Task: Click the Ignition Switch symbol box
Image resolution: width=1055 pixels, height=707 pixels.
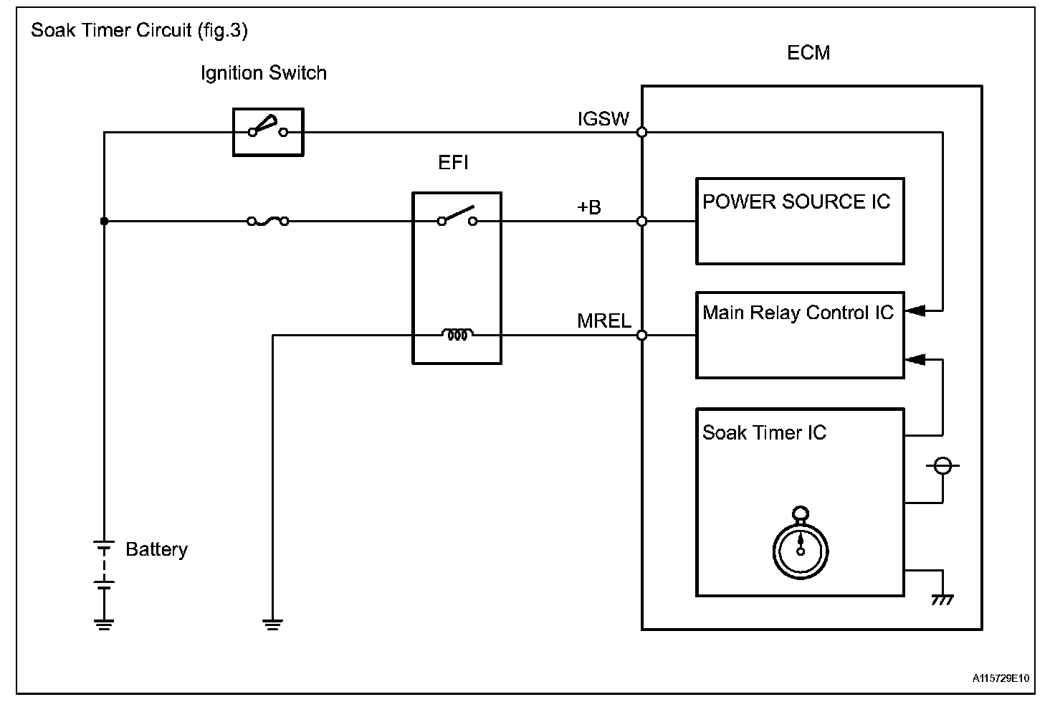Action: coord(268,132)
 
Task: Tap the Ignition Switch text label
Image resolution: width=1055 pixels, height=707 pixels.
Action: coord(263,73)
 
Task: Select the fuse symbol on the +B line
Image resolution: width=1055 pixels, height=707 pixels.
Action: coord(268,222)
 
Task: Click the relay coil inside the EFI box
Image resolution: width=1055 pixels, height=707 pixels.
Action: coord(457,334)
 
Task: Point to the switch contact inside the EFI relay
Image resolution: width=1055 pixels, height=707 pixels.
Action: coord(457,217)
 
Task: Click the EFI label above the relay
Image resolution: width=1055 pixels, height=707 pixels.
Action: coord(453,163)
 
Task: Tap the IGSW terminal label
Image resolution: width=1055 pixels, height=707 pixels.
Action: coord(603,119)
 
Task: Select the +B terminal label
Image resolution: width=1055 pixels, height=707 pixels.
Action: coord(589,208)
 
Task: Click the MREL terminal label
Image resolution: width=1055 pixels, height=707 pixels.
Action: coord(603,321)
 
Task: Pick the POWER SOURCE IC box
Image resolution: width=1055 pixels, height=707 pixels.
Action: coord(800,221)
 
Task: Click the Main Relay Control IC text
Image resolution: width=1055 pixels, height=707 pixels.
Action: coord(798,313)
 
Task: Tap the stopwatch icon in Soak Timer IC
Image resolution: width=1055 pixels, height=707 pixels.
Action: coord(801,544)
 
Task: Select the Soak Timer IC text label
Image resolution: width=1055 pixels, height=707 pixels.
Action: coord(764,433)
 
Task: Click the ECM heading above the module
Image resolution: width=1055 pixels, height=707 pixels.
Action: coord(808,53)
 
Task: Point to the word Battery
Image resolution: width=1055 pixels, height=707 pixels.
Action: coord(156,550)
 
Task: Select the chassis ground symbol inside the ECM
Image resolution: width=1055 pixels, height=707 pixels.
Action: coord(942,598)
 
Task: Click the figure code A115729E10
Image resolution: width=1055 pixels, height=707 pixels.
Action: coord(1001,678)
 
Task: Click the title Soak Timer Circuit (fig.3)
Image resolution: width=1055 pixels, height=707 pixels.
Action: coord(139,31)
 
